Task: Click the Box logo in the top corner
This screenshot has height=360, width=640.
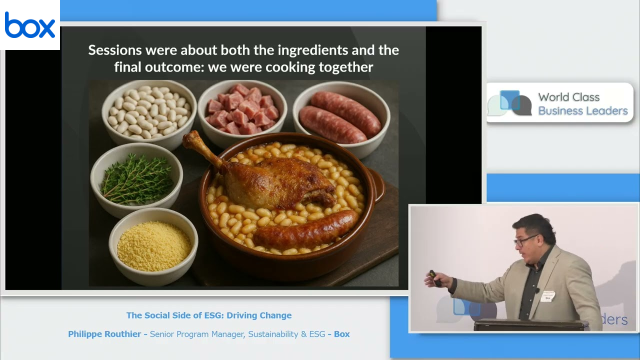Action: click(x=29, y=25)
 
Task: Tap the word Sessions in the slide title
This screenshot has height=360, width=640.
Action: click(x=115, y=50)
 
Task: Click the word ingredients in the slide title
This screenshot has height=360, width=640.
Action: click(x=313, y=50)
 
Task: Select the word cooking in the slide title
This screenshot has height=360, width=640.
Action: click(x=290, y=67)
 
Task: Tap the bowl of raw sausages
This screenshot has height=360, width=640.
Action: click(x=341, y=116)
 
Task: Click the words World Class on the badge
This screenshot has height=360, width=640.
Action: click(x=569, y=97)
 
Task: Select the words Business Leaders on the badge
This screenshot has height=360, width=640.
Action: click(x=583, y=111)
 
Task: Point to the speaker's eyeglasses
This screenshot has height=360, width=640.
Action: click(x=525, y=240)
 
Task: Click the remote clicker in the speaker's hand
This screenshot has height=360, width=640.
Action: click(x=435, y=277)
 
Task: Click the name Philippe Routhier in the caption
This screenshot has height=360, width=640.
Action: click(x=104, y=334)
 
